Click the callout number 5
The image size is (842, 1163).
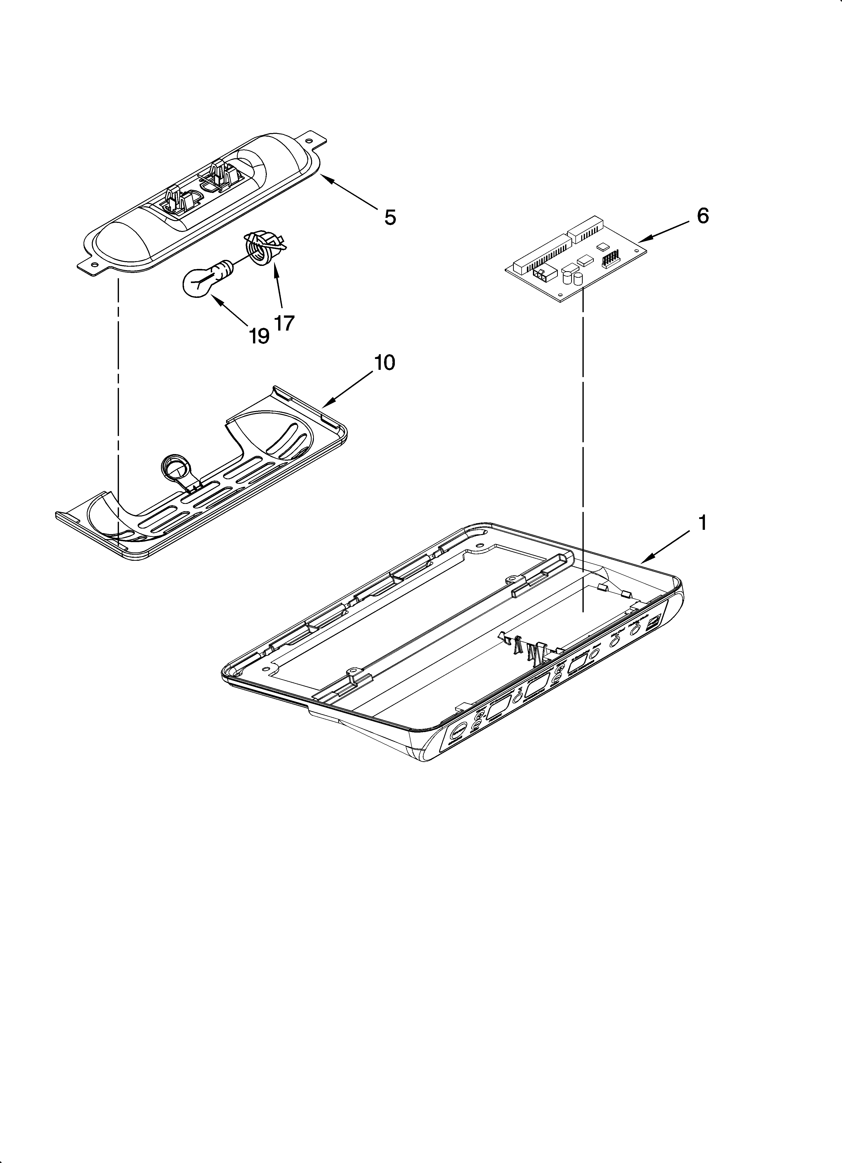click(390, 217)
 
